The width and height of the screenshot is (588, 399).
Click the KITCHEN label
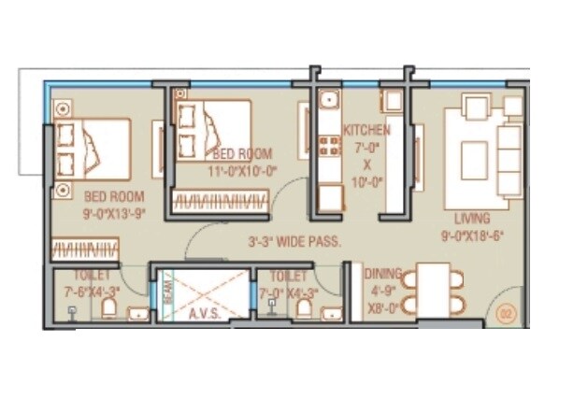(x=366, y=130)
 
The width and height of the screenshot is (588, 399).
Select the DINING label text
(x=383, y=275)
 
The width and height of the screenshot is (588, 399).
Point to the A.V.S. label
(x=204, y=314)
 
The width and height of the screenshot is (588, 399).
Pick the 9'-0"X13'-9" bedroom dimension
(x=114, y=214)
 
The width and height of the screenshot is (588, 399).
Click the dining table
(x=432, y=290)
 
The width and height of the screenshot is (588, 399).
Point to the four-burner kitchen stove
(x=329, y=145)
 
